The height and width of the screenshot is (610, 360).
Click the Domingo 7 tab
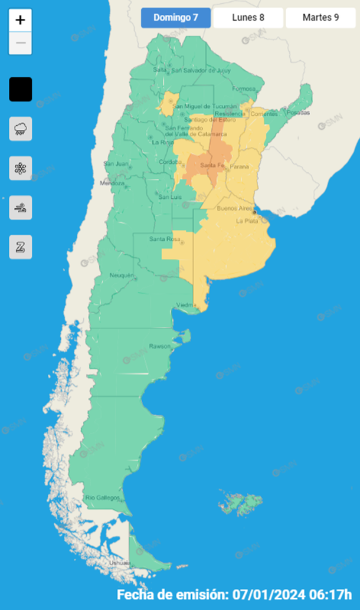[x=175, y=18]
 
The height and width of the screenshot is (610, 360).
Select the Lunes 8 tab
[x=248, y=18]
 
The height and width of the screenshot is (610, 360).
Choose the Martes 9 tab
[x=320, y=18]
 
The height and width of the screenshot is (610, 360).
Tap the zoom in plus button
[x=20, y=20]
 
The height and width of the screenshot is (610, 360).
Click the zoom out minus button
[x=20, y=43]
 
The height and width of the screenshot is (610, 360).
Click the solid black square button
[x=21, y=89]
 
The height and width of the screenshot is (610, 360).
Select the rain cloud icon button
[x=21, y=129]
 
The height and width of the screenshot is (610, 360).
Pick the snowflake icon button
[x=21, y=168]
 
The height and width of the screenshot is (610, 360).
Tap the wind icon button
[x=21, y=208]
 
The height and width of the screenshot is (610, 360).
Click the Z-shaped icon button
[x=21, y=247]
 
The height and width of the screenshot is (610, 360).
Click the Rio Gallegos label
[x=99, y=498]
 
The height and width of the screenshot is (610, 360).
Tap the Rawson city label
[x=159, y=346]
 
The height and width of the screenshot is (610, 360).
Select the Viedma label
[x=186, y=305]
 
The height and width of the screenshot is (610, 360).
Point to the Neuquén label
[x=122, y=276]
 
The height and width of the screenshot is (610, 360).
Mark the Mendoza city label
[x=112, y=183]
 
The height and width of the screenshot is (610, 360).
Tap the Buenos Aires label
[x=235, y=209]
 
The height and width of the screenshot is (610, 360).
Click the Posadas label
[x=299, y=113]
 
